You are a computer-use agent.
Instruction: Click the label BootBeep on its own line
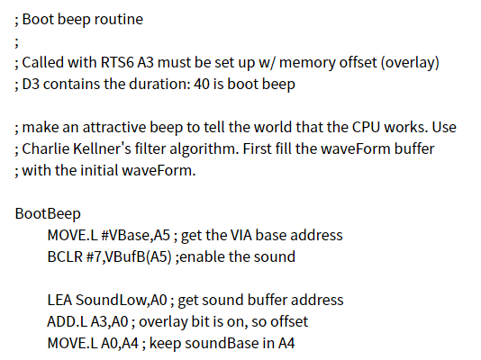coord(48,214)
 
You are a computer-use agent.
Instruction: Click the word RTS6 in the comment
coord(117,62)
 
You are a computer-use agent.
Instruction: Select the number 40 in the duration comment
coord(201,84)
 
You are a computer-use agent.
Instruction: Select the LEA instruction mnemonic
coord(59,300)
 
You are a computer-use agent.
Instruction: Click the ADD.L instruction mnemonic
coord(68,321)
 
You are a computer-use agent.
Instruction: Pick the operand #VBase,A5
coord(135,235)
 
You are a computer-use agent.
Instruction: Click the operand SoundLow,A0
coord(122,300)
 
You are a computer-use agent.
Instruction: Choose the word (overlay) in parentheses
coord(410,63)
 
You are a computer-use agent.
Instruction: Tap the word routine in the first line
coord(119,19)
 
